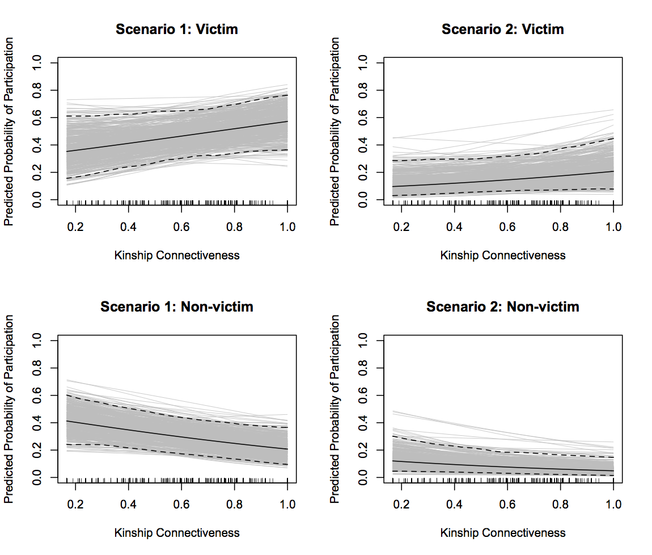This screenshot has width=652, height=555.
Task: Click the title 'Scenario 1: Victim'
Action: click(177, 30)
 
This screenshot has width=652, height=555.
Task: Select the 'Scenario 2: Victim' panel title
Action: click(503, 30)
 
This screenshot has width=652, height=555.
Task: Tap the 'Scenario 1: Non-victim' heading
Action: click(177, 307)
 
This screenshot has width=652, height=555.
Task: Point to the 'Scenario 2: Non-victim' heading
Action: click(503, 307)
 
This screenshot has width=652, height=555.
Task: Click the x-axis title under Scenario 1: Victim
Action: click(177, 255)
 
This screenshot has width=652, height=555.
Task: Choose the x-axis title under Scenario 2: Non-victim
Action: click(503, 533)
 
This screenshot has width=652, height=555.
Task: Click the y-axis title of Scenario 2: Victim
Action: click(336, 132)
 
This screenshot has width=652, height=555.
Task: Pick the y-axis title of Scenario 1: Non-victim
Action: click(10, 409)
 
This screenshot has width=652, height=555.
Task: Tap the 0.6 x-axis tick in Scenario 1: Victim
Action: click(181, 227)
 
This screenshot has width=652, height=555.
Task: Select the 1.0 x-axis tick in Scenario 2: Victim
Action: click(613, 227)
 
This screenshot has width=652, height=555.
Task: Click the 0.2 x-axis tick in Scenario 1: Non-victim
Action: click(75, 504)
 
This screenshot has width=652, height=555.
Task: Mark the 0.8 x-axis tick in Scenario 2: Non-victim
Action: click(560, 504)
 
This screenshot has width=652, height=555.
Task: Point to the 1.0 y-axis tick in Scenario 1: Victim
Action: click(38, 62)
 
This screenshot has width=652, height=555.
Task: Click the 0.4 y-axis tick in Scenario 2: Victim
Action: click(364, 145)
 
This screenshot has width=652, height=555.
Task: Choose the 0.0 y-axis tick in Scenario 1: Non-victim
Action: click(38, 478)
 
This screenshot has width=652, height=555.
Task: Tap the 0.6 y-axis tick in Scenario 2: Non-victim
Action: click(364, 396)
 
